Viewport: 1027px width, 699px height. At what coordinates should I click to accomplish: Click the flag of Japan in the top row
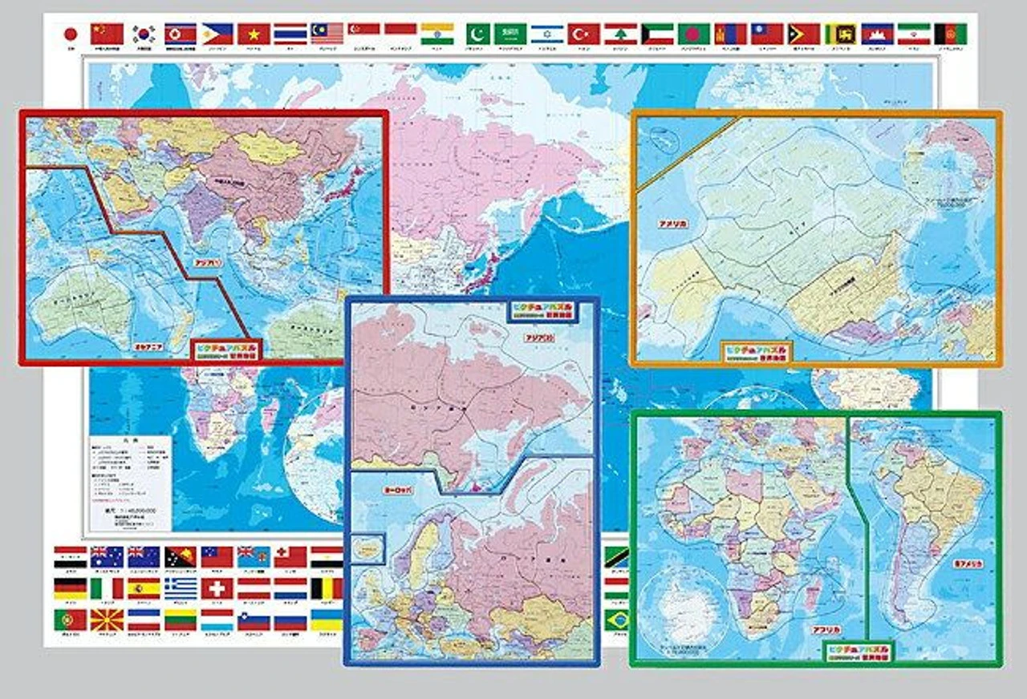(x=71, y=34)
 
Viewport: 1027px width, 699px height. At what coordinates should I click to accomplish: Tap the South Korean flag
(x=144, y=34)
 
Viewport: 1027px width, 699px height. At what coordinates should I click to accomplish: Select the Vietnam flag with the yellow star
(x=254, y=34)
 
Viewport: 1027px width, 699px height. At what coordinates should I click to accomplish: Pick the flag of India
(x=436, y=34)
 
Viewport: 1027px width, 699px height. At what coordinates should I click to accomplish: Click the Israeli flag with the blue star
(x=547, y=34)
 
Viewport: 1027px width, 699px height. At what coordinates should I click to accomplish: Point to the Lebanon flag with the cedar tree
(x=620, y=34)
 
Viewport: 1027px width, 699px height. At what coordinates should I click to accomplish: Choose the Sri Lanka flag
(x=841, y=34)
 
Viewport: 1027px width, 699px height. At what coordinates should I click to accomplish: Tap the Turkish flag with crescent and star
(x=584, y=34)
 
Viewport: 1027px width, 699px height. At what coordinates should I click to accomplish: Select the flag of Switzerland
(x=217, y=588)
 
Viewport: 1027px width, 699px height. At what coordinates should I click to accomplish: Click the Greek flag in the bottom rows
(x=181, y=588)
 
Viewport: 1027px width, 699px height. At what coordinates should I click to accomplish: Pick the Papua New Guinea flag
(x=181, y=556)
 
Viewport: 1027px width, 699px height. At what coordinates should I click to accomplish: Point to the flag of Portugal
(x=71, y=620)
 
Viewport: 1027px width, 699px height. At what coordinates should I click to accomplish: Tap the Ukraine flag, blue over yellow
(x=327, y=620)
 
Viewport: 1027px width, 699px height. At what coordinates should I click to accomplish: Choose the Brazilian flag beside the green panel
(x=617, y=620)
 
